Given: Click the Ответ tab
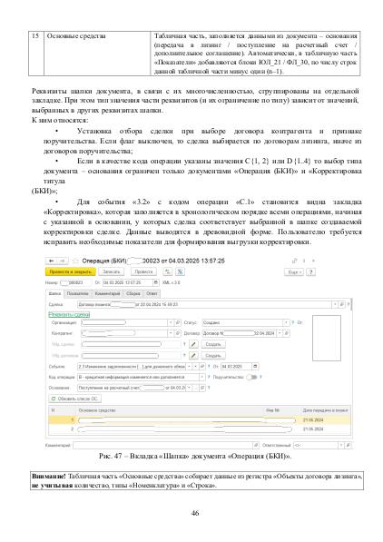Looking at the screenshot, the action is pyautogui.click(x=152, y=294).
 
